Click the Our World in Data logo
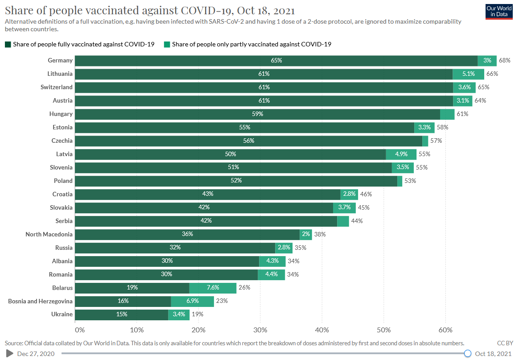(499, 11)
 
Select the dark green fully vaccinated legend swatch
(8, 44)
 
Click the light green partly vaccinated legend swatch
(167, 44)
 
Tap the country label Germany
(60, 61)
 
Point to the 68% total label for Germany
(504, 61)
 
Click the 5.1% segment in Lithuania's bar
(468, 74)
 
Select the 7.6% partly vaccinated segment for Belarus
(213, 288)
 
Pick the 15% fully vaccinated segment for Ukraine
(121, 314)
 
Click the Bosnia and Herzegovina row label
(40, 301)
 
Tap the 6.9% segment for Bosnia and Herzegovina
(192, 301)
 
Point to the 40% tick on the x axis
(322, 330)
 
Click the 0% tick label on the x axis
(79, 330)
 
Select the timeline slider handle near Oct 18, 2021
(468, 354)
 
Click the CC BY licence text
(505, 343)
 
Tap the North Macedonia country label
(49, 234)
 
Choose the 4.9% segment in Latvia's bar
(401, 154)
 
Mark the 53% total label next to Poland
(409, 181)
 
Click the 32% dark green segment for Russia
(175, 248)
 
